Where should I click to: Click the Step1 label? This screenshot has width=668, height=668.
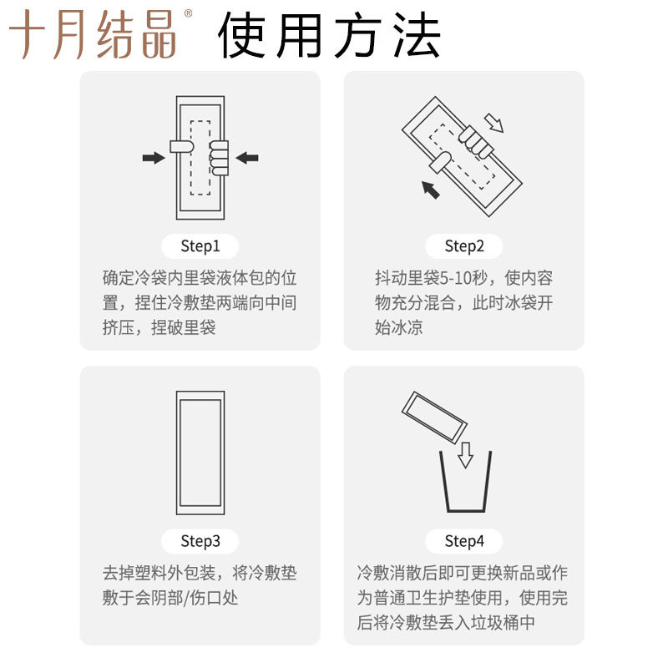pos(200,246)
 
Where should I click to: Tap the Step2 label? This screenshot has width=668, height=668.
pos(464,246)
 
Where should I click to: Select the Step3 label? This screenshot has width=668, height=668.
pos(200,541)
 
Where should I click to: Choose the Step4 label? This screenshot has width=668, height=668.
pos(464,541)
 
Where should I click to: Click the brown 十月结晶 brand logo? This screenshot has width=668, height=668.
pos(93,34)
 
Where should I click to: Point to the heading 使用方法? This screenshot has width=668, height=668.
pos(328,34)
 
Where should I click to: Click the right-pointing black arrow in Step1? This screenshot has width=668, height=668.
pos(154,158)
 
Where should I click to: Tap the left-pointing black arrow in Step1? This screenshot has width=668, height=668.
pos(247,158)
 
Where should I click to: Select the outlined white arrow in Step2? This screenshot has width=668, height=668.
pos(494,123)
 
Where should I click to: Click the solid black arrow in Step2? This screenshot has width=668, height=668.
pos(430,190)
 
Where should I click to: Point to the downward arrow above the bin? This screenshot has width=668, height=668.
pos(465,455)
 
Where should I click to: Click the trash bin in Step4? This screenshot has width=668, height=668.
pos(465,482)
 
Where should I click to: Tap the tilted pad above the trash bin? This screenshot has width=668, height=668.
pos(434,417)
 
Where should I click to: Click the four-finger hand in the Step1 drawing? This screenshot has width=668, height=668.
pos(219,158)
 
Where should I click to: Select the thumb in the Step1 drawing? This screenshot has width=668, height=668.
pos(182,147)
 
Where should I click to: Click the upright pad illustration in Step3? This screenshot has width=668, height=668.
pos(200,453)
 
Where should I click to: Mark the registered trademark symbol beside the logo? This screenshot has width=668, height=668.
pos(188,13)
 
